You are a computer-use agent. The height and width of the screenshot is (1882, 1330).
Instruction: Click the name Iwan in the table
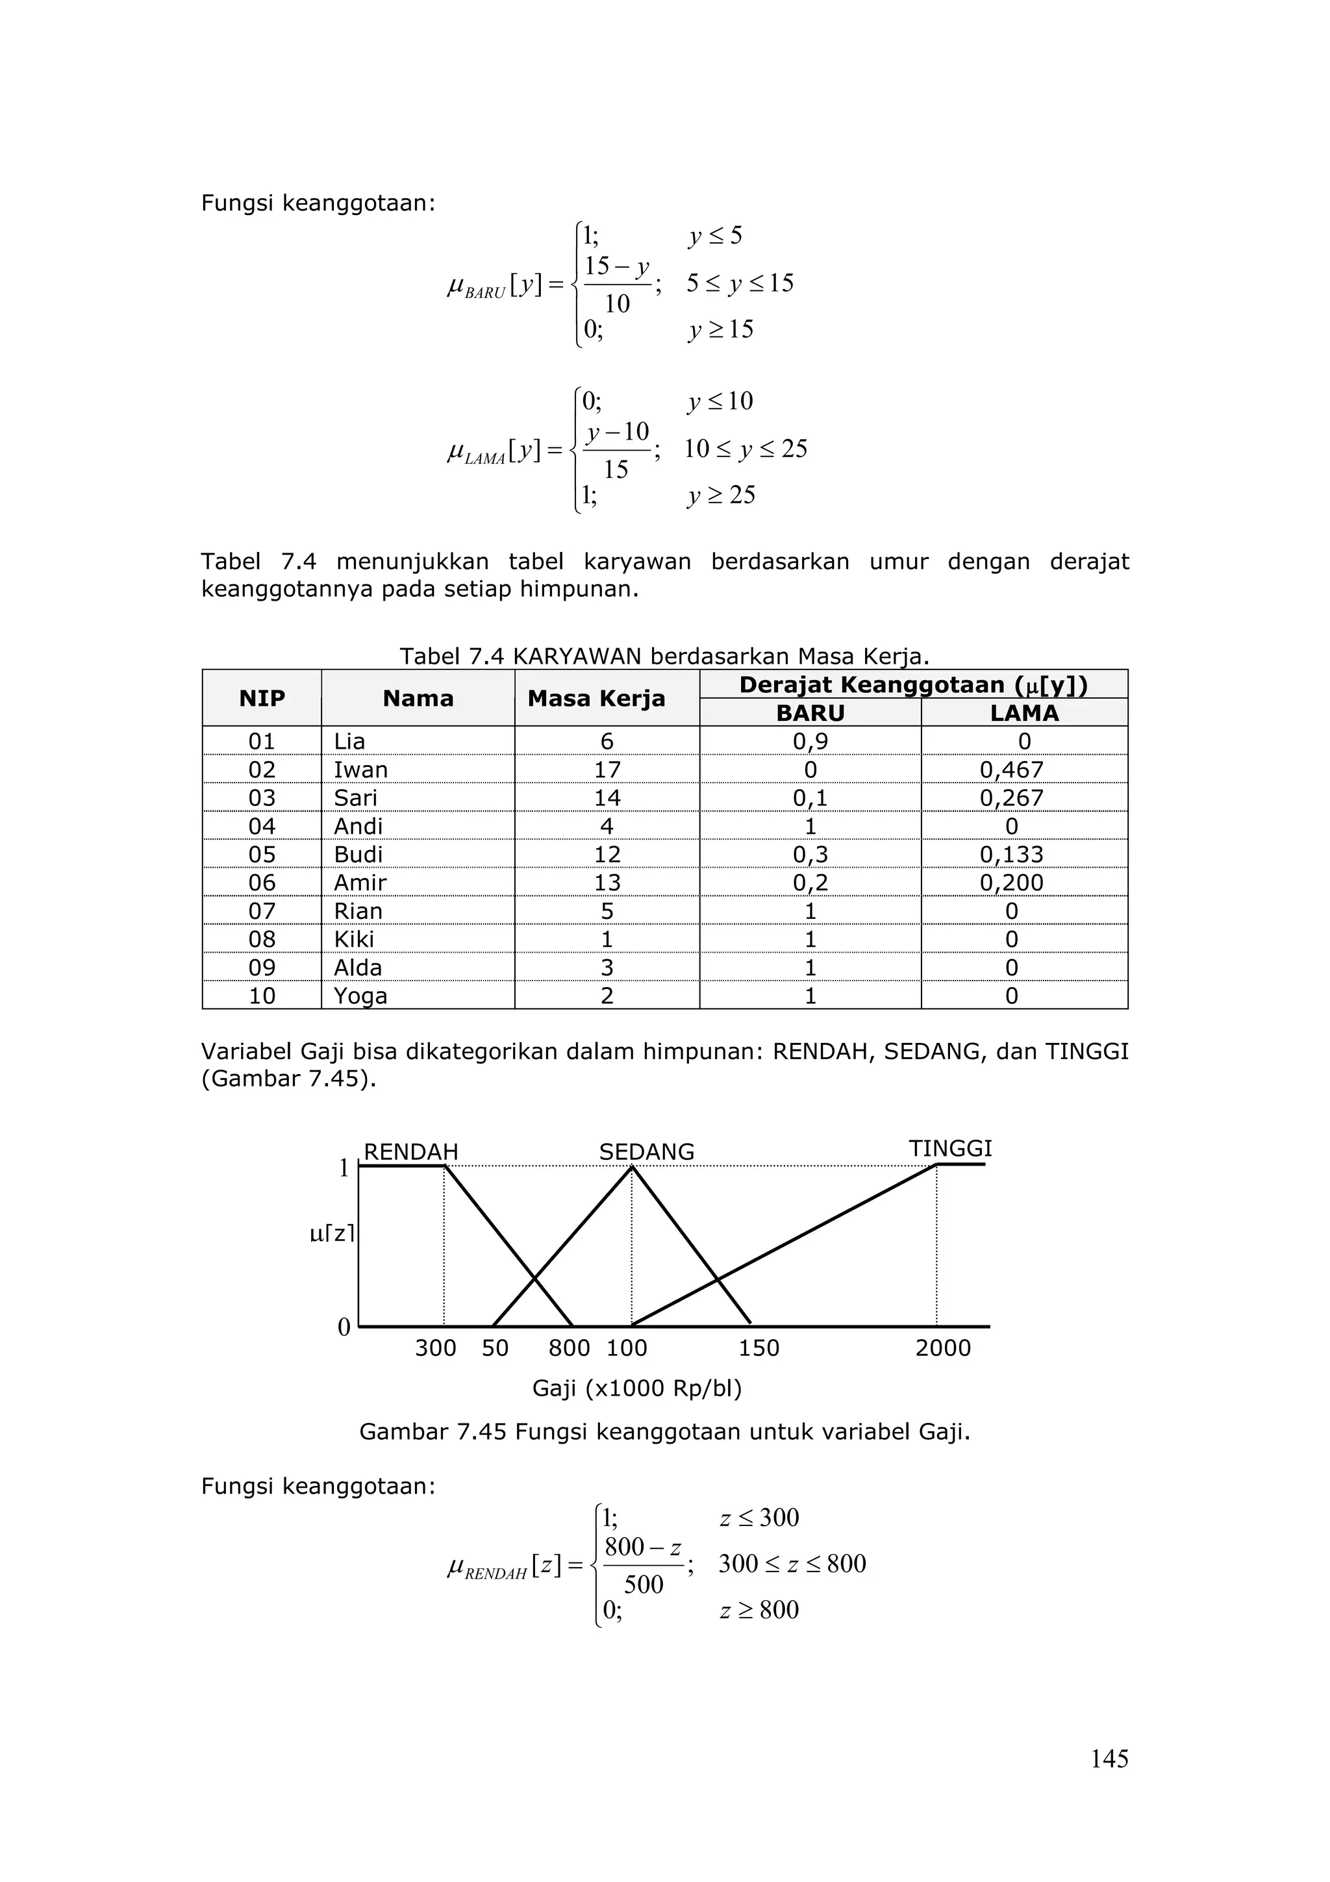[360, 770]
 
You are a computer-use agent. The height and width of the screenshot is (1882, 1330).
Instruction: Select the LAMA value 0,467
[1011, 770]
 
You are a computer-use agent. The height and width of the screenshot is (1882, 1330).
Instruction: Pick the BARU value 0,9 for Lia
[810, 741]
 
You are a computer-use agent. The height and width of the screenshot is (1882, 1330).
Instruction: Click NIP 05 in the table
[262, 854]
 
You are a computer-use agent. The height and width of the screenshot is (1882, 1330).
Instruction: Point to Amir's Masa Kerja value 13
[607, 883]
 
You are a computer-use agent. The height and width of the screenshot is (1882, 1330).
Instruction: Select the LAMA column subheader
[1023, 713]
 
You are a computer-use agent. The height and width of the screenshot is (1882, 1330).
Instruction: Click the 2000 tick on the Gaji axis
[942, 1348]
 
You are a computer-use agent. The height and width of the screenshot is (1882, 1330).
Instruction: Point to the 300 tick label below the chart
[435, 1348]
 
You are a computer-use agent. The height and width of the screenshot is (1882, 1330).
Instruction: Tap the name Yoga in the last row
[360, 996]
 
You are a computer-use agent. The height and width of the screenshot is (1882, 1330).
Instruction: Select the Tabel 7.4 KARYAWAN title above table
[664, 657]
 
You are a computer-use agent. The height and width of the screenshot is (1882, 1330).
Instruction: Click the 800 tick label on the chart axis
[569, 1348]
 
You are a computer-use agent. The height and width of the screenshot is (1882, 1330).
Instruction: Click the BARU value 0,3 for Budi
[810, 854]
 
